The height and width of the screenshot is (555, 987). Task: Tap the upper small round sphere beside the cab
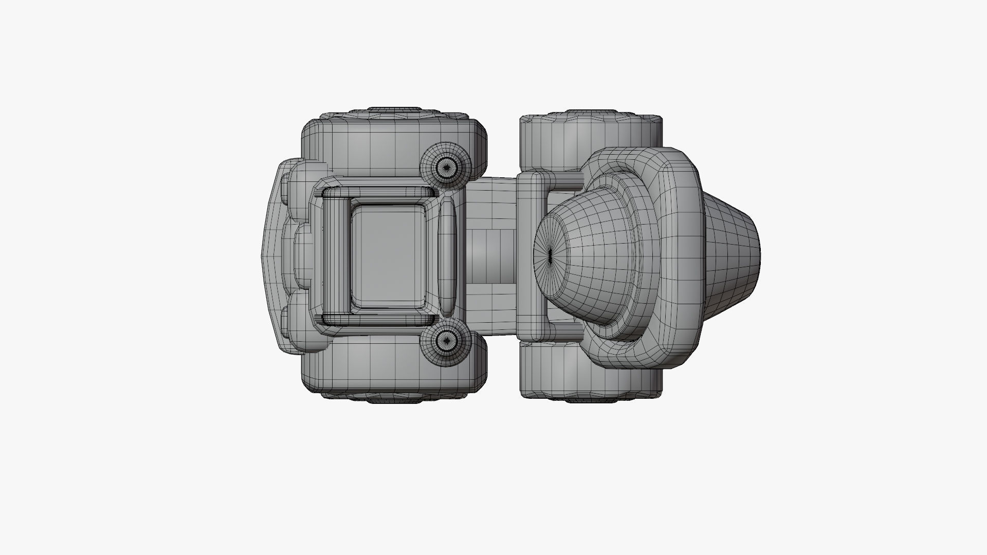[445, 166]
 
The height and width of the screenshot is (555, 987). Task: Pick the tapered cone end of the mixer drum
[733, 255]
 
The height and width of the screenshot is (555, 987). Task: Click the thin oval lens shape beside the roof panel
[447, 255]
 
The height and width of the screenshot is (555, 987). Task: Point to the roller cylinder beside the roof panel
[337, 255]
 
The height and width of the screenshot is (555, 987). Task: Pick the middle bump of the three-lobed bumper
[303, 255]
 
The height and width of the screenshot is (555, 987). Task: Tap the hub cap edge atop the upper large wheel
[393, 110]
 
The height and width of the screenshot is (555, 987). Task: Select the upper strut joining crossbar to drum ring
[568, 180]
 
